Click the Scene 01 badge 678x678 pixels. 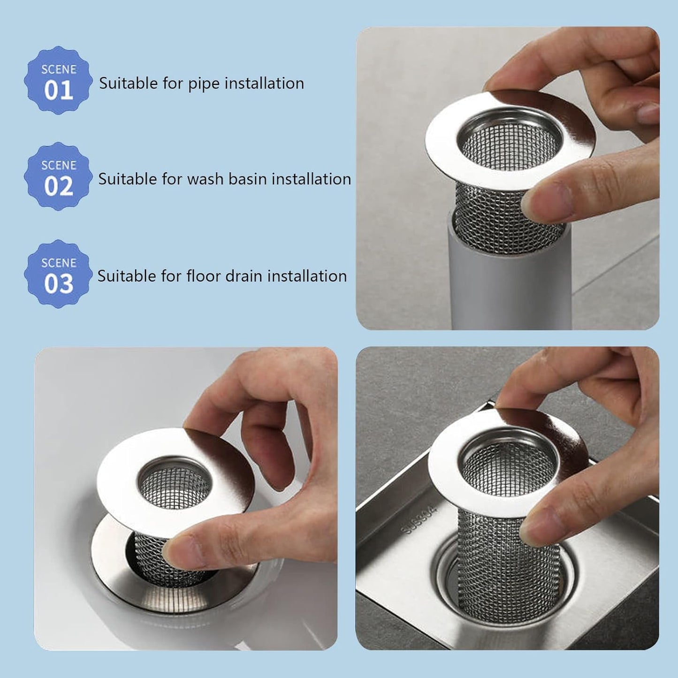coord(58,80)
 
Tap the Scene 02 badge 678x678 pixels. coord(58,176)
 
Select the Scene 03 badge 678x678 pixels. coord(58,274)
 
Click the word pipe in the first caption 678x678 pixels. coord(204,84)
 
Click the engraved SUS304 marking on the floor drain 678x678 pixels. coord(421,520)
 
